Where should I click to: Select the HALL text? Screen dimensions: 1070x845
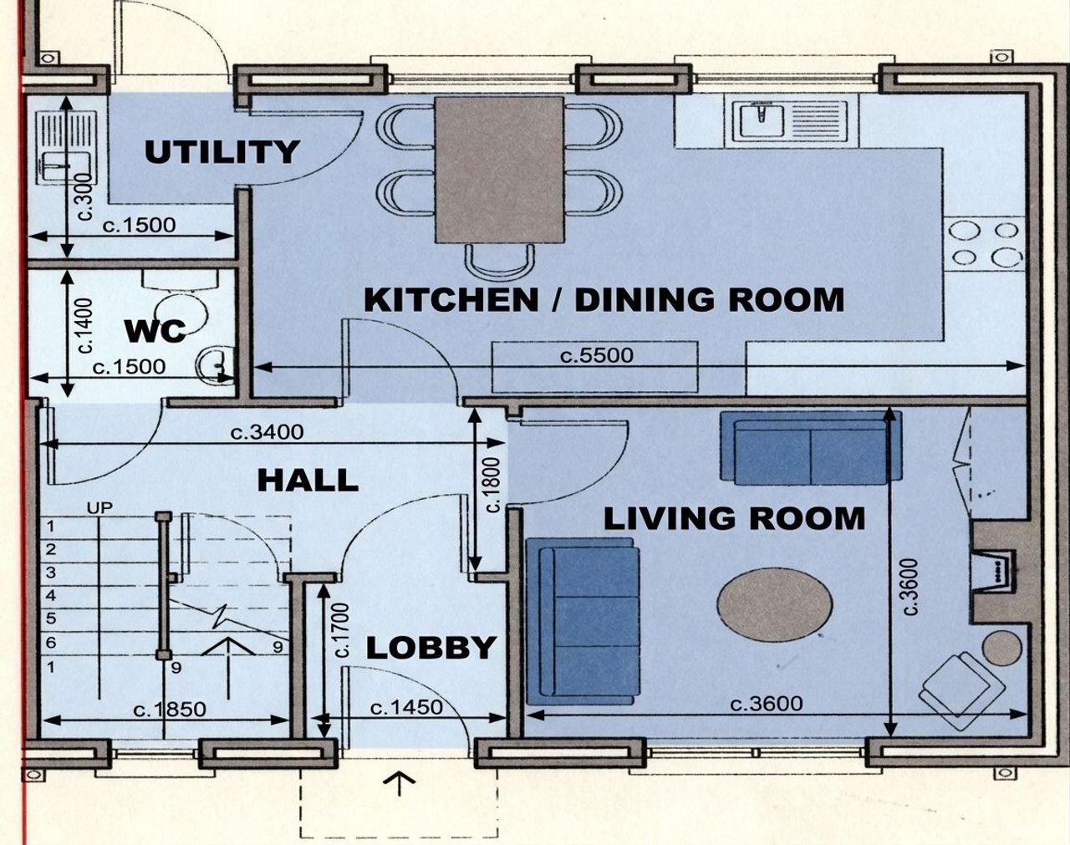(308, 481)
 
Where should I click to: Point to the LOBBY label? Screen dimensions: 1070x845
(431, 648)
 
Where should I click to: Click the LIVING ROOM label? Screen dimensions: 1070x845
(735, 518)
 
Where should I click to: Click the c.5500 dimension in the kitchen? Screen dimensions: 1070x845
(597, 355)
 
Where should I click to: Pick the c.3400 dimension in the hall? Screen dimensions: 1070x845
(267, 432)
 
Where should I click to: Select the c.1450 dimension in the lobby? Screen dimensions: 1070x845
(407, 707)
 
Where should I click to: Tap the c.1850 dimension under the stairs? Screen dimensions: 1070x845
(170, 710)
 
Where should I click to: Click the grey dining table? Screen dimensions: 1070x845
(499, 170)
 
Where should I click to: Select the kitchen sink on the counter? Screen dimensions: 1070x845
(762, 120)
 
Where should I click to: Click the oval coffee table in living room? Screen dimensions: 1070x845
(775, 604)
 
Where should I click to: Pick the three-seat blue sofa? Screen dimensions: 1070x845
(583, 621)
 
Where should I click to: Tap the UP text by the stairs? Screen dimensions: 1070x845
(100, 507)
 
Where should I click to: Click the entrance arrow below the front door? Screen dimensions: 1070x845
(400, 784)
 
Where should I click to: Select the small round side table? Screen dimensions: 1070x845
(1002, 649)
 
